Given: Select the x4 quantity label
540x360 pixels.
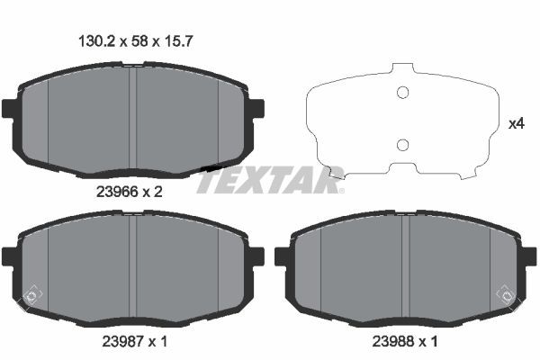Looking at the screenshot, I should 517,124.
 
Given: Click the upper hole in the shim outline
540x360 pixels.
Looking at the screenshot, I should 403,92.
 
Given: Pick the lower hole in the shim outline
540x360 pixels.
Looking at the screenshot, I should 403,145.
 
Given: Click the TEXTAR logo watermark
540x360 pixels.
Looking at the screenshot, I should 269,181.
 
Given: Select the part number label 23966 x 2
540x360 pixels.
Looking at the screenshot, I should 130,191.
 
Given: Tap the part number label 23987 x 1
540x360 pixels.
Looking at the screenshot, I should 129,342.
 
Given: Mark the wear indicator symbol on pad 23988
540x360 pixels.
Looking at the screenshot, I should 507,294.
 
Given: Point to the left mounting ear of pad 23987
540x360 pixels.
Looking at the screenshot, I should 10,256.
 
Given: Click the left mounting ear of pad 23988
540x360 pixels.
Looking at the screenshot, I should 282,256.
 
